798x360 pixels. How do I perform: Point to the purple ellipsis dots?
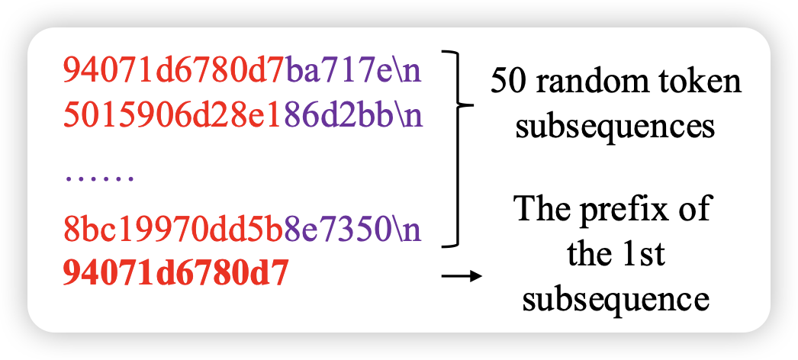click(x=99, y=179)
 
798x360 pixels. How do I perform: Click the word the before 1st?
click(x=589, y=254)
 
